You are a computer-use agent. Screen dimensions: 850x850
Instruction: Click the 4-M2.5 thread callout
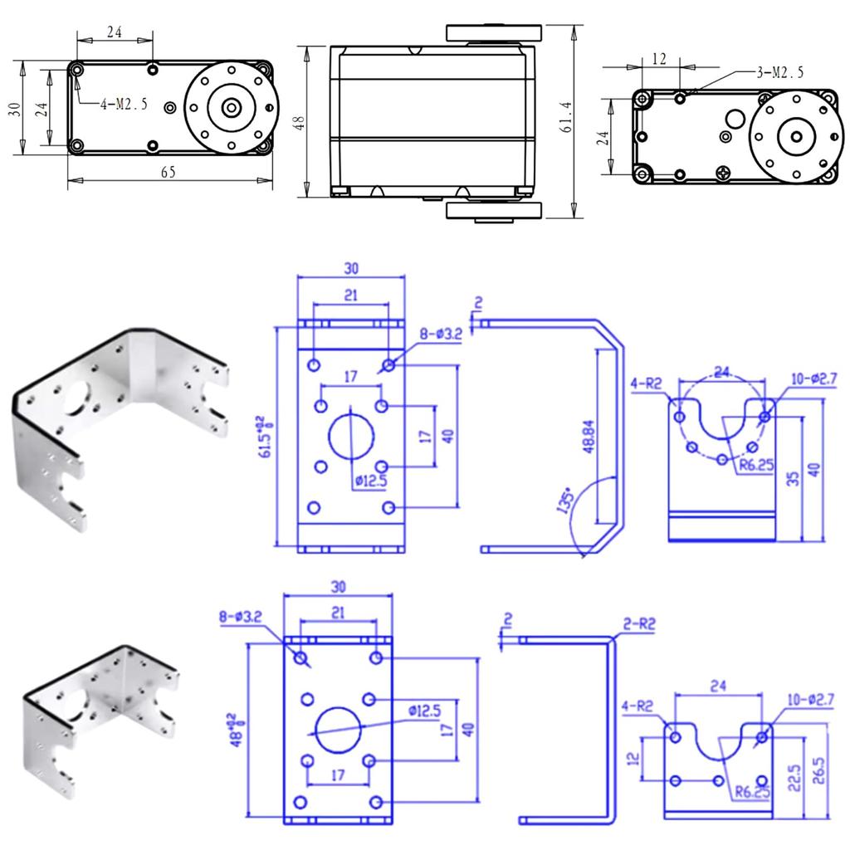click(124, 104)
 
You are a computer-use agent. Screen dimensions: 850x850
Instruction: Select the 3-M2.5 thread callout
click(779, 73)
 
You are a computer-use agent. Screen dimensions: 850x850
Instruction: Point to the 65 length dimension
click(168, 172)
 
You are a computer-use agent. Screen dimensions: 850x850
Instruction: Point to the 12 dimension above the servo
click(660, 59)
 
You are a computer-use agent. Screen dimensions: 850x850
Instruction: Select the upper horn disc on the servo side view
click(494, 33)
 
